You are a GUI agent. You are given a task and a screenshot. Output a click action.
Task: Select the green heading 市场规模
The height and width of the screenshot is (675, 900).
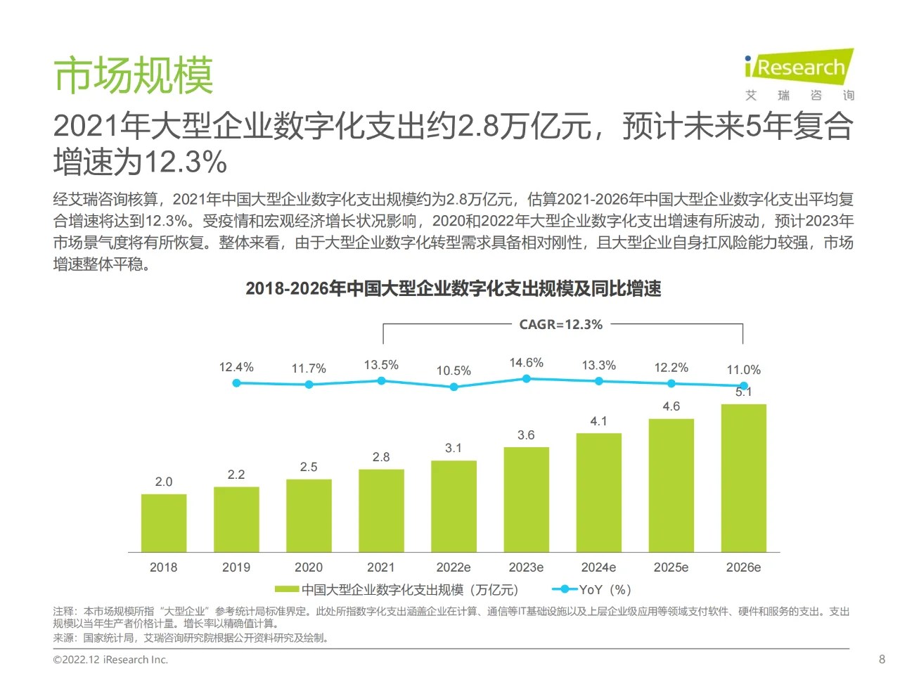(134, 76)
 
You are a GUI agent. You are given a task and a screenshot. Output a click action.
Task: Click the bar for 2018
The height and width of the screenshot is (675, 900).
(164, 523)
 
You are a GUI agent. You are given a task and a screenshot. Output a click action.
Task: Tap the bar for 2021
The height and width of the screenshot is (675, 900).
(381, 510)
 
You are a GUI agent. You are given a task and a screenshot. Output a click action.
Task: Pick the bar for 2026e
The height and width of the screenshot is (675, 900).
(743, 478)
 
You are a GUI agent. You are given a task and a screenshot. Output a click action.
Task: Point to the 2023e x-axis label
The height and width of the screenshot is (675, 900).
(526, 567)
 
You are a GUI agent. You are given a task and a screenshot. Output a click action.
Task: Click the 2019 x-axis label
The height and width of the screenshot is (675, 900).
(236, 567)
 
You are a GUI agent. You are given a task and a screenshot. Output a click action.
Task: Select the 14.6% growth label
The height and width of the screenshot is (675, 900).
(526, 363)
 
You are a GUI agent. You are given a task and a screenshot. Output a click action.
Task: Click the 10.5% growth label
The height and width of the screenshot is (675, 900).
(454, 371)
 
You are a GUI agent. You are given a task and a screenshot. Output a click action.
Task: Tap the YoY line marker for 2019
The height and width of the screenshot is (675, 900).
(309, 385)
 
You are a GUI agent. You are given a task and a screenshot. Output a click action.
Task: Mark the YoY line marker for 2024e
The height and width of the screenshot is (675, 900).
(599, 381)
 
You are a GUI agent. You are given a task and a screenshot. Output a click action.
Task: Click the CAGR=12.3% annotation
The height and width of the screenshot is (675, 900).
(560, 325)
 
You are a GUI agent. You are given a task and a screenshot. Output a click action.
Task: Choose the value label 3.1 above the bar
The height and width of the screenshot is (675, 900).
(454, 448)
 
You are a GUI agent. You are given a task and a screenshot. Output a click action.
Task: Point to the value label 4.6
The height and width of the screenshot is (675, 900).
(671, 406)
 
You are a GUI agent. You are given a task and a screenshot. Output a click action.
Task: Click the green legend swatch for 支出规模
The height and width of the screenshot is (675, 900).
(286, 590)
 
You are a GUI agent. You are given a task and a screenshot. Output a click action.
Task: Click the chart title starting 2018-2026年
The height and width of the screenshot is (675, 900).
(454, 289)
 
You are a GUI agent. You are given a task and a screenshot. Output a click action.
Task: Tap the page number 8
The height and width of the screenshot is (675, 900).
(882, 660)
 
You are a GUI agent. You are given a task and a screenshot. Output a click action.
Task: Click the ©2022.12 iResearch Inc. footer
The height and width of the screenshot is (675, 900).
(110, 660)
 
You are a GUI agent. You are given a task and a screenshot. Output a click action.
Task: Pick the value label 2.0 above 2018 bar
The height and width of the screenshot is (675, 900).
(164, 482)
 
